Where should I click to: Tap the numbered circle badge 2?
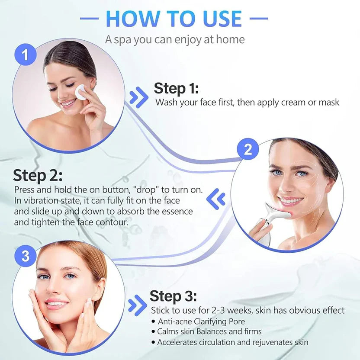pyautogui.click(x=248, y=150)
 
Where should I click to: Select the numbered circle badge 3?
pyautogui.click(x=25, y=256)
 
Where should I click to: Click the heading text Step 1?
pyautogui.click(x=176, y=88)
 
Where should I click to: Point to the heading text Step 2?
pyautogui.click(x=38, y=176)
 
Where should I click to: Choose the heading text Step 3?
pyautogui.click(x=173, y=296)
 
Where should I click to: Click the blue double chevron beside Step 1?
pyautogui.click(x=138, y=97)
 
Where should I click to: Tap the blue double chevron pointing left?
pyautogui.click(x=216, y=199)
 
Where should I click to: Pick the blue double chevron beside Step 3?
pyautogui.click(x=138, y=305)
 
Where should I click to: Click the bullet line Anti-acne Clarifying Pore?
pyautogui.click(x=201, y=321)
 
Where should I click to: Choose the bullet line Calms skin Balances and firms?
pyautogui.click(x=209, y=331)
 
